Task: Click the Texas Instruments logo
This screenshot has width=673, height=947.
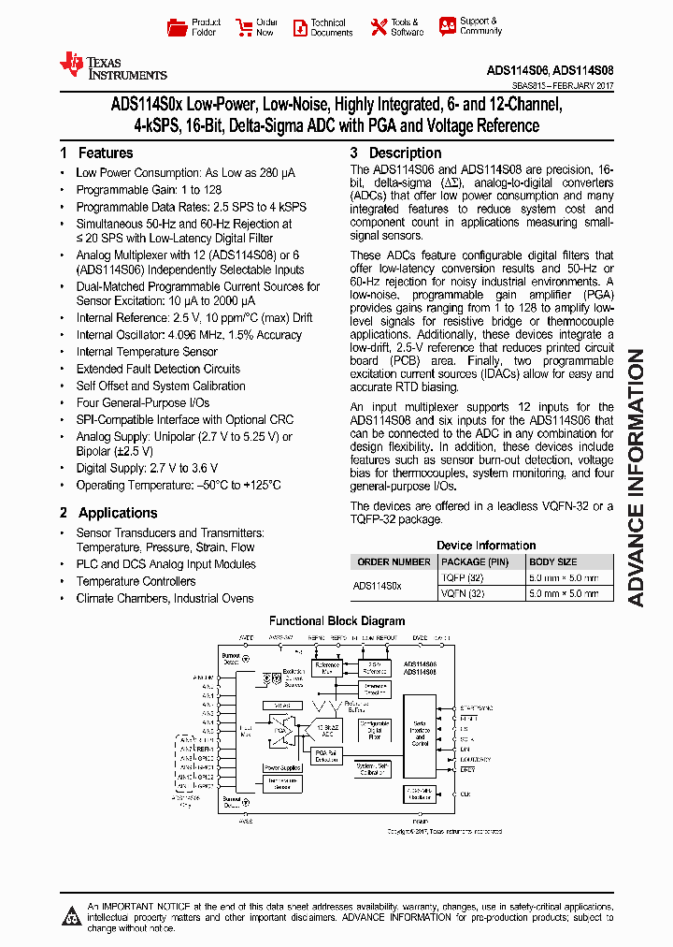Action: point(113,65)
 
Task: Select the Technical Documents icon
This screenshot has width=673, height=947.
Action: point(299,27)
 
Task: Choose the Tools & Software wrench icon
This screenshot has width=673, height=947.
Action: point(379,27)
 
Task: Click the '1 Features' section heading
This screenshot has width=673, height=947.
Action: point(96,153)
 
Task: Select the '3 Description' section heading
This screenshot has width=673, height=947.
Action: point(395,153)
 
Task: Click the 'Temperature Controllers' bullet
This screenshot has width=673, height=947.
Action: point(136,581)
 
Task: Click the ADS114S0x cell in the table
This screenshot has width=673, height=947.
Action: point(378,586)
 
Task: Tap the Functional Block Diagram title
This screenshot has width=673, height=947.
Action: point(336,620)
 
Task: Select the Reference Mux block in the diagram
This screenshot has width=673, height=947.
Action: point(327,668)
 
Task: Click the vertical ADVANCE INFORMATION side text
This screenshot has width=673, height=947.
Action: point(636,477)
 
